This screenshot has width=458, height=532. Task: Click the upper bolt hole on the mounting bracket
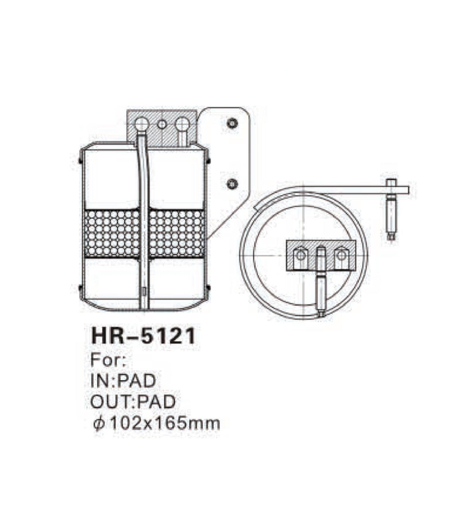[232, 123]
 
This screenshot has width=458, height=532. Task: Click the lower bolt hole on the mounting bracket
[232, 183]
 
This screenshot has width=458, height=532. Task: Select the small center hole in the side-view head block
[162, 124]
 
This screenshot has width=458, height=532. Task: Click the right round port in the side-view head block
[182, 124]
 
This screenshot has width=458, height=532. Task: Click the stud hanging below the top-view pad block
[321, 292]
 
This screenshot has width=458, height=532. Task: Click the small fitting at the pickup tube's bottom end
[143, 293]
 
